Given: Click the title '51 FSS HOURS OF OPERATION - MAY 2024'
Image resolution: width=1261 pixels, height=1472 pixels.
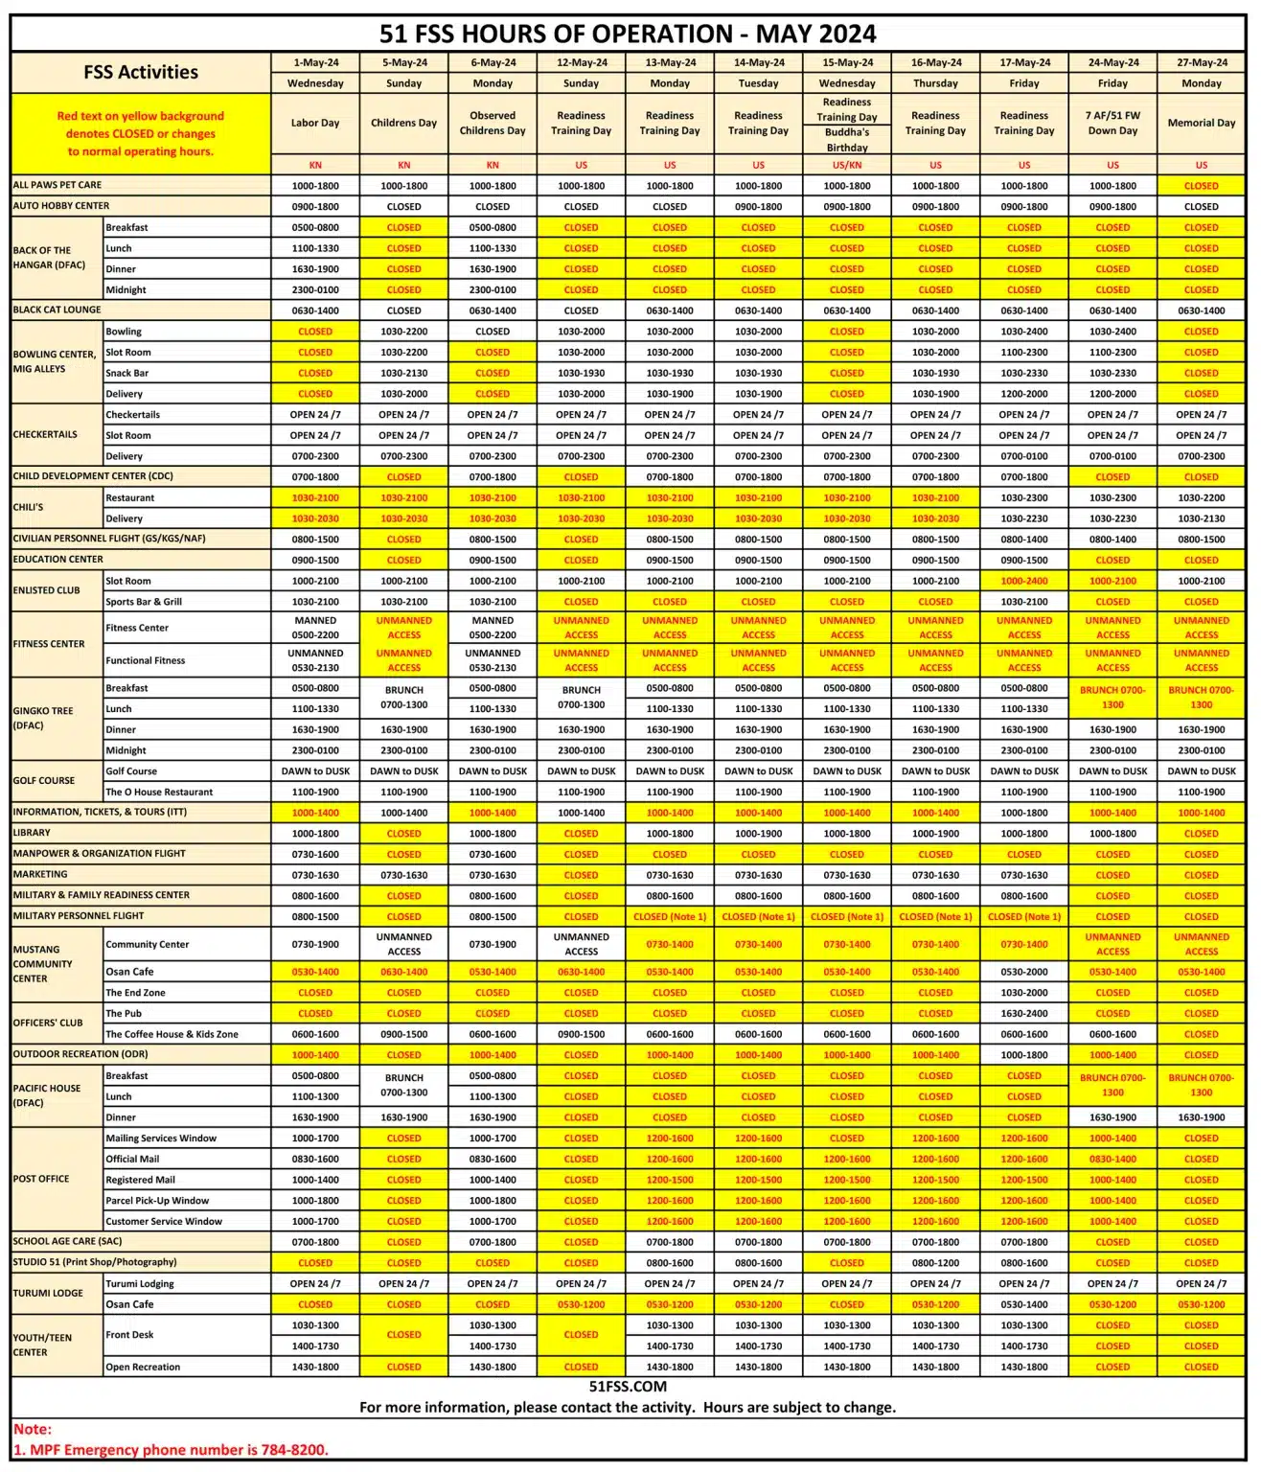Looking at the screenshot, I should (628, 34).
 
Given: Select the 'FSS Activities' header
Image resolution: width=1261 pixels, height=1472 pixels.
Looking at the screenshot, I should (141, 72).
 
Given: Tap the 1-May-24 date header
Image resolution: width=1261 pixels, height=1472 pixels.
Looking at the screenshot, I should (315, 62).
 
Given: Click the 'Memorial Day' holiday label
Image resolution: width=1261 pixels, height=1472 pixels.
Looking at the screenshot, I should (1201, 123).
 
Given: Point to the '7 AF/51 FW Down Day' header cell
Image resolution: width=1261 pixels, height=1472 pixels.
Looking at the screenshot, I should (1112, 123).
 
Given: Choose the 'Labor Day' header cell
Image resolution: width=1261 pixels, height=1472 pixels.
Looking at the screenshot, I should (315, 123).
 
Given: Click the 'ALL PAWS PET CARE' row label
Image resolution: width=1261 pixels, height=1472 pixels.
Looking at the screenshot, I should (57, 185).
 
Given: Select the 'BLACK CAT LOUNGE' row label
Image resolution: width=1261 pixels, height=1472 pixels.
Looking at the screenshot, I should (57, 310).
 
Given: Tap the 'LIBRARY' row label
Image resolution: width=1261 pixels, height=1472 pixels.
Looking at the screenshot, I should (32, 833).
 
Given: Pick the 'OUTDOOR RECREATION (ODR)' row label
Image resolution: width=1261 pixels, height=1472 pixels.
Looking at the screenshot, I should (80, 1054).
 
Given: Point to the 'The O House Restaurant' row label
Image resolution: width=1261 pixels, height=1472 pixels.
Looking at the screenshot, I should (159, 793).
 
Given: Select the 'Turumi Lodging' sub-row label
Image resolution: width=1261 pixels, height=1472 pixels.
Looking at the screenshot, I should (140, 1284).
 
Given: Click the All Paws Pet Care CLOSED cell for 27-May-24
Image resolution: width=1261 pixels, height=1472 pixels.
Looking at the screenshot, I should (1201, 186).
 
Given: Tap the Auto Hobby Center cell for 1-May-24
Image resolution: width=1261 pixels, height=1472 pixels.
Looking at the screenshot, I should (315, 207).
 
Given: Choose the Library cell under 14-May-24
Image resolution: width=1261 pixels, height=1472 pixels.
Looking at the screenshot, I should (758, 834).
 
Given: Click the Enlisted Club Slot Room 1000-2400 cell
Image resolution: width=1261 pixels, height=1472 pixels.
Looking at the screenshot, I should (1023, 581).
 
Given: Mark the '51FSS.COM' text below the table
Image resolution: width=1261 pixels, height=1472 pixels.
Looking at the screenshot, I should (628, 1387).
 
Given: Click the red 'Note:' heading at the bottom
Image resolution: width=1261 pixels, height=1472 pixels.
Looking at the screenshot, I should (33, 1429).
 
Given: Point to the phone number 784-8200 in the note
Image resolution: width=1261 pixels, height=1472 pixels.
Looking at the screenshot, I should (293, 1450).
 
